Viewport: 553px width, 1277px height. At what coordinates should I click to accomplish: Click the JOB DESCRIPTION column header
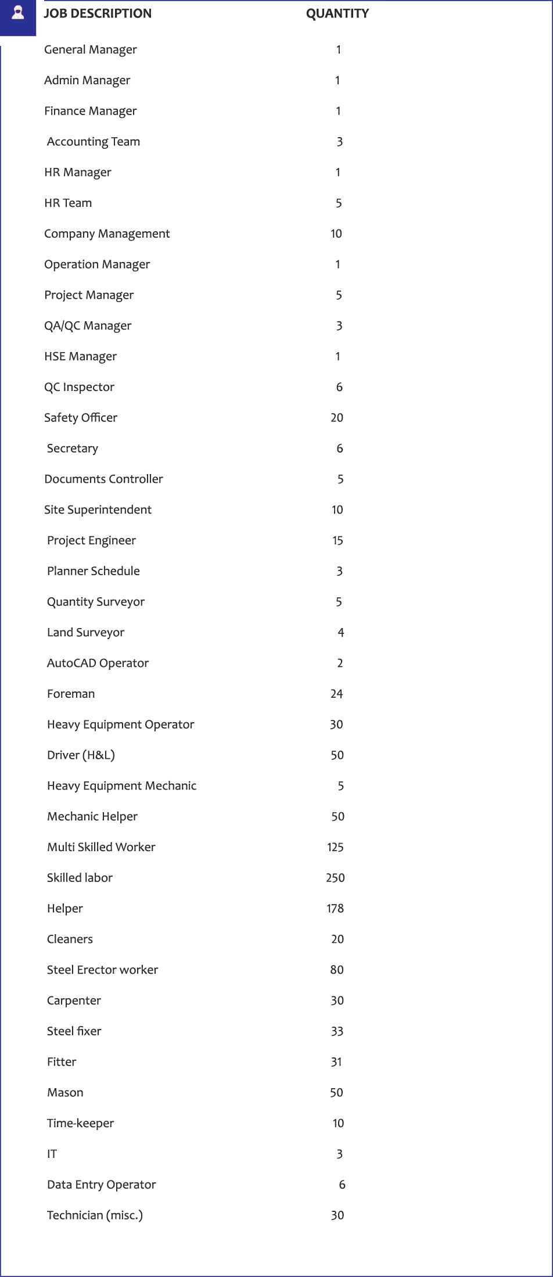98,13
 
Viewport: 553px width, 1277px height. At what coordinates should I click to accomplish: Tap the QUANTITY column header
337,13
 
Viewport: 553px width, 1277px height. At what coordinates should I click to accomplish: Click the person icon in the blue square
17,13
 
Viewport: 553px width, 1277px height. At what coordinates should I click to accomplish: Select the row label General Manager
91,50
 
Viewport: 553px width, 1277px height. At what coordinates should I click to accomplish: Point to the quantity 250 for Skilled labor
335,878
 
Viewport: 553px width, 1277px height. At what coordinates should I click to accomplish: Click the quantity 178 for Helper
335,909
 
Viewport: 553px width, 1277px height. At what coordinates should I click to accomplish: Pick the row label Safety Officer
81,418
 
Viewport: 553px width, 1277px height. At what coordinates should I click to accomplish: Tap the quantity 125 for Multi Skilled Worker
335,847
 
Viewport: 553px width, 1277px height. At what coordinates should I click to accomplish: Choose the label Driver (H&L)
81,755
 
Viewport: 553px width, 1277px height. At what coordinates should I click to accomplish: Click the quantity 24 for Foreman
336,694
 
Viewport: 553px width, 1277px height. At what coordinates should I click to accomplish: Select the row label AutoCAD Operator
98,663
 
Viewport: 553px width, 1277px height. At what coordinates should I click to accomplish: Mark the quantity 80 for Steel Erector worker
337,970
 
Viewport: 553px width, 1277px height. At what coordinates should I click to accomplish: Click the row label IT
52,1154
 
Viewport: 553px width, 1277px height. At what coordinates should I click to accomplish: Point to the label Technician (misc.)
95,1215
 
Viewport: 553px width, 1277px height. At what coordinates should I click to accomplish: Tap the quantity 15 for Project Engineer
337,541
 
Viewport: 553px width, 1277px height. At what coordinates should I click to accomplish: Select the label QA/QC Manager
88,326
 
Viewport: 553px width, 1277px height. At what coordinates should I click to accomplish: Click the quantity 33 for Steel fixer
337,1031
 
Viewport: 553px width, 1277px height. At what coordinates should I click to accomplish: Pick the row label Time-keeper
80,1123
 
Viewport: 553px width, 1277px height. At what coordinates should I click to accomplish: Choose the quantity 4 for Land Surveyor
341,633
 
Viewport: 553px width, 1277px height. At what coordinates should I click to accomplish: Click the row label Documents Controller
103,479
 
